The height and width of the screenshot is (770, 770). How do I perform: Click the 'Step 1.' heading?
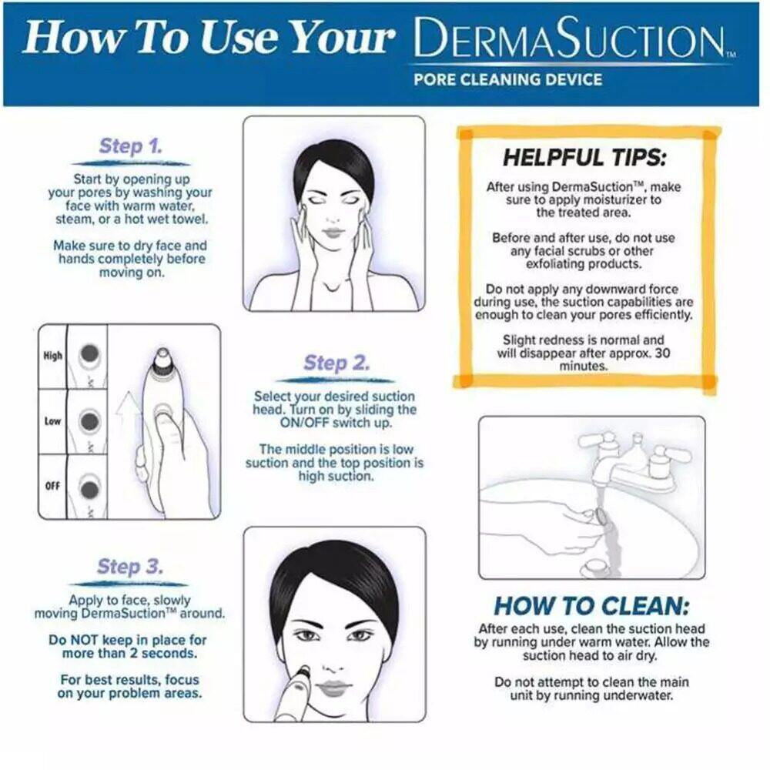pyautogui.click(x=131, y=146)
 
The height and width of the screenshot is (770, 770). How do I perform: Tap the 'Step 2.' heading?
pyautogui.click(x=336, y=363)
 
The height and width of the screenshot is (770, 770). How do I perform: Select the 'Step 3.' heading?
pyautogui.click(x=129, y=566)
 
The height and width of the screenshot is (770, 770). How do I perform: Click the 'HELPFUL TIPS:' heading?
pyautogui.click(x=584, y=158)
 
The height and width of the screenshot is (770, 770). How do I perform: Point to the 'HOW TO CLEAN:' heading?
pyautogui.click(x=591, y=605)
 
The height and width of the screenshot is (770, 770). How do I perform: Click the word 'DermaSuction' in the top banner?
pyautogui.click(x=570, y=37)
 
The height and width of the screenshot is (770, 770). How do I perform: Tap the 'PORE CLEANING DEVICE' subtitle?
pyautogui.click(x=507, y=79)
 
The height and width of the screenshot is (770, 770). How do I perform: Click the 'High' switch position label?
pyautogui.click(x=53, y=356)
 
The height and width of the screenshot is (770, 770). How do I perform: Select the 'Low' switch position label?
pyautogui.click(x=52, y=421)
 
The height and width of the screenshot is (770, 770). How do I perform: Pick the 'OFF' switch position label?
pyautogui.click(x=52, y=486)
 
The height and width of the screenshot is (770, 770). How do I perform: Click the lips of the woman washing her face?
pyautogui.click(x=336, y=233)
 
